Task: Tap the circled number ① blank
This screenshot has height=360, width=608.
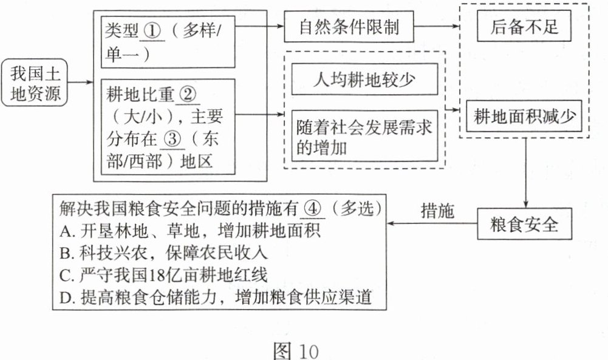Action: (x=152, y=31)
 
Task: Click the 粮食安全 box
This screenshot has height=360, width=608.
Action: (x=524, y=225)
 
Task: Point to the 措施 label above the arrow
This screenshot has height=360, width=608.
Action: (x=437, y=210)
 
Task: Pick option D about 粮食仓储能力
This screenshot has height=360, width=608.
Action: (x=216, y=297)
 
